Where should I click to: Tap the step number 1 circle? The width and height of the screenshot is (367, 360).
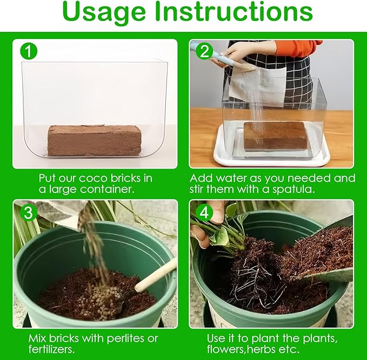pos(29,51)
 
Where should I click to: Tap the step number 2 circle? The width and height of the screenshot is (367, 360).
pos(204,51)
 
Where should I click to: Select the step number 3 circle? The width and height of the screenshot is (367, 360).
pos(29,212)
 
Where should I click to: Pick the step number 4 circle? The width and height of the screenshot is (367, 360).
pos(204,212)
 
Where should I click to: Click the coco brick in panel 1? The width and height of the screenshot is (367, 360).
pos(95,140)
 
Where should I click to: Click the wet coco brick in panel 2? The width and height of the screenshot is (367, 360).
pos(275,136)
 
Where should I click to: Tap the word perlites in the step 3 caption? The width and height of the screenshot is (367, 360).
pos(124,338)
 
